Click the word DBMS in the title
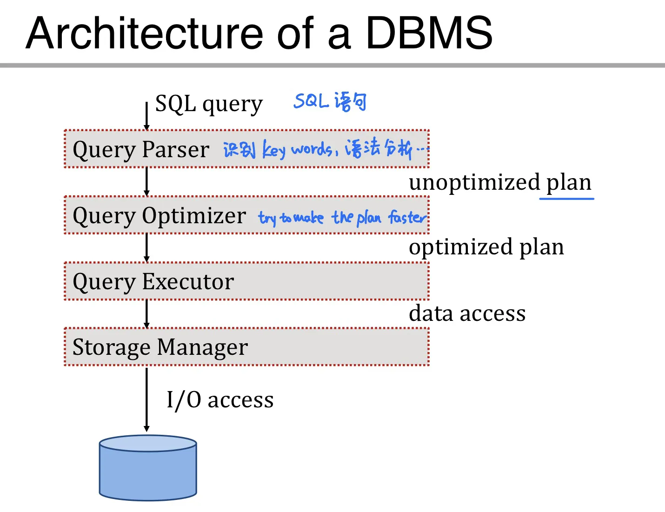pos(429,33)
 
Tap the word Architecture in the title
pos(144,33)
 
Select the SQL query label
pos(209,104)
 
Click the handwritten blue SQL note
pos(330,101)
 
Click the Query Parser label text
pos(141,150)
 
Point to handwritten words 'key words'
pos(297,150)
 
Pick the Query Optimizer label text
pos(159,216)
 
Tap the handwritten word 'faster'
pos(407,217)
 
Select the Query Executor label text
pos(153,282)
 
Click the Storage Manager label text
pos(160,347)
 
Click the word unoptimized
pos(474,182)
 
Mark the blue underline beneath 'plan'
pos(566,199)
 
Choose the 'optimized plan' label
pos(486,247)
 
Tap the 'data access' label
pos(467,313)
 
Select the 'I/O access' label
pos(220,400)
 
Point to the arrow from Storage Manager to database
pos(146,400)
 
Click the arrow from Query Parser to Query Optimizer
pos(146,182)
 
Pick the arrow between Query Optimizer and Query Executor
pos(146,248)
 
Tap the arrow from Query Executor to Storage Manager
pos(146,314)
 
